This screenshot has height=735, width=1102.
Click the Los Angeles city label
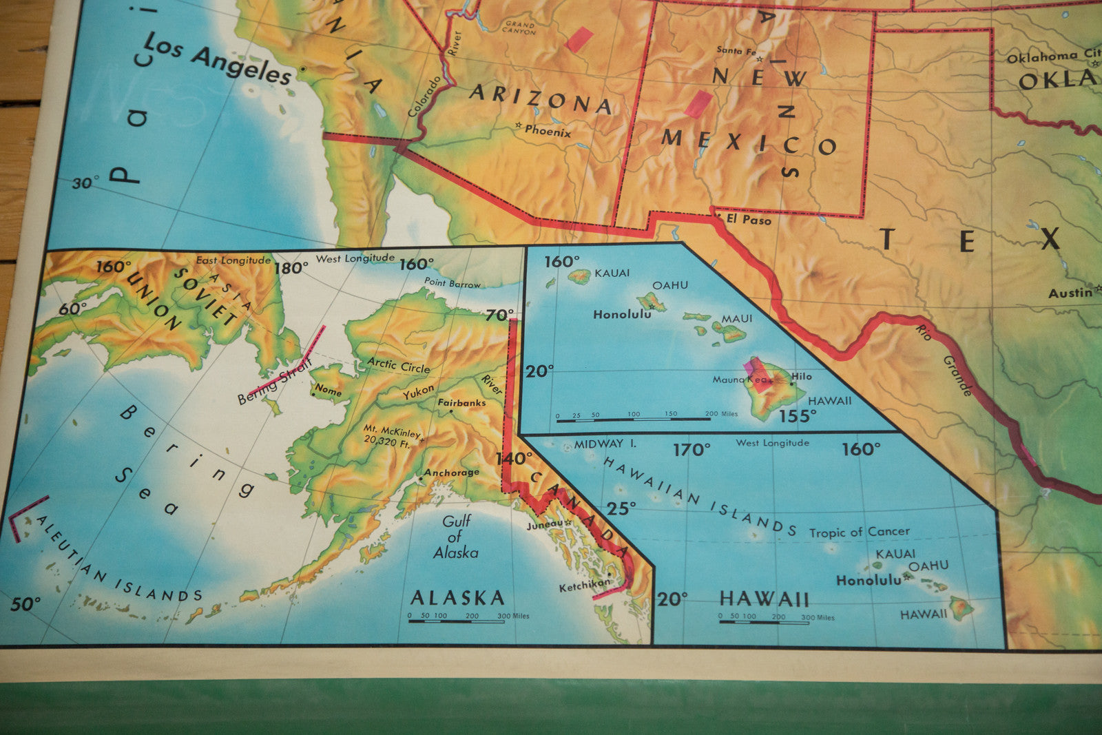click(x=218, y=60)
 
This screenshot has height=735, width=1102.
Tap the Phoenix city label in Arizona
click(x=548, y=130)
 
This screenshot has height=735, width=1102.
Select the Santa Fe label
click(x=736, y=50)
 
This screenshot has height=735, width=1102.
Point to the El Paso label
click(x=748, y=220)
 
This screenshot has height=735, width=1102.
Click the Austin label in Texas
click(x=1069, y=293)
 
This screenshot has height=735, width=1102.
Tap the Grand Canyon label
click(x=519, y=28)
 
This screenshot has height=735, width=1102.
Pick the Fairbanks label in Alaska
click(x=461, y=402)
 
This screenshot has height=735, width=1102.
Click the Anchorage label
click(x=451, y=473)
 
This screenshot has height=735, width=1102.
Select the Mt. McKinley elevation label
click(x=391, y=436)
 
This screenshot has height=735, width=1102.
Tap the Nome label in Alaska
click(x=328, y=391)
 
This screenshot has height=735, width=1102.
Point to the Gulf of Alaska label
click(x=455, y=537)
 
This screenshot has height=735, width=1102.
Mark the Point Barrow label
click(x=453, y=282)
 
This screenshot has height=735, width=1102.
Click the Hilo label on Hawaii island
click(x=802, y=377)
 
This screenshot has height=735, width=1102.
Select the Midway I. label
click(x=605, y=444)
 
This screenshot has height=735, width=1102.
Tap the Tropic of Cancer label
click(x=859, y=532)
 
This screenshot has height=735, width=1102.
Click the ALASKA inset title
click(x=457, y=597)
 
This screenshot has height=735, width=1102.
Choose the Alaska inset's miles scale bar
click(x=457, y=621)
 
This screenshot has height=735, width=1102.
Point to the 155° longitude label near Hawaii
click(x=798, y=416)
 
